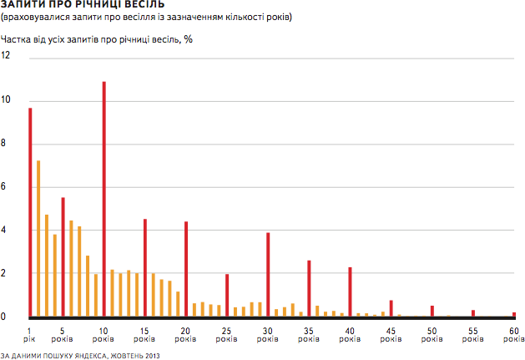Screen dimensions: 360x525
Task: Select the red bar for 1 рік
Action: click(x=30, y=212)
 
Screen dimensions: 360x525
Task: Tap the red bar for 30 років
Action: click(x=268, y=275)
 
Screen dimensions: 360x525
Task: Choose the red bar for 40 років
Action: click(x=350, y=292)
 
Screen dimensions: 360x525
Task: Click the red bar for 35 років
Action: click(x=309, y=288)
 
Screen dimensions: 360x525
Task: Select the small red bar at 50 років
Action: click(x=432, y=311)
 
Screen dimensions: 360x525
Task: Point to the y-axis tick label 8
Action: click(x=6, y=144)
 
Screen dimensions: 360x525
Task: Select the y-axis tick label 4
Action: click(x=6, y=231)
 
